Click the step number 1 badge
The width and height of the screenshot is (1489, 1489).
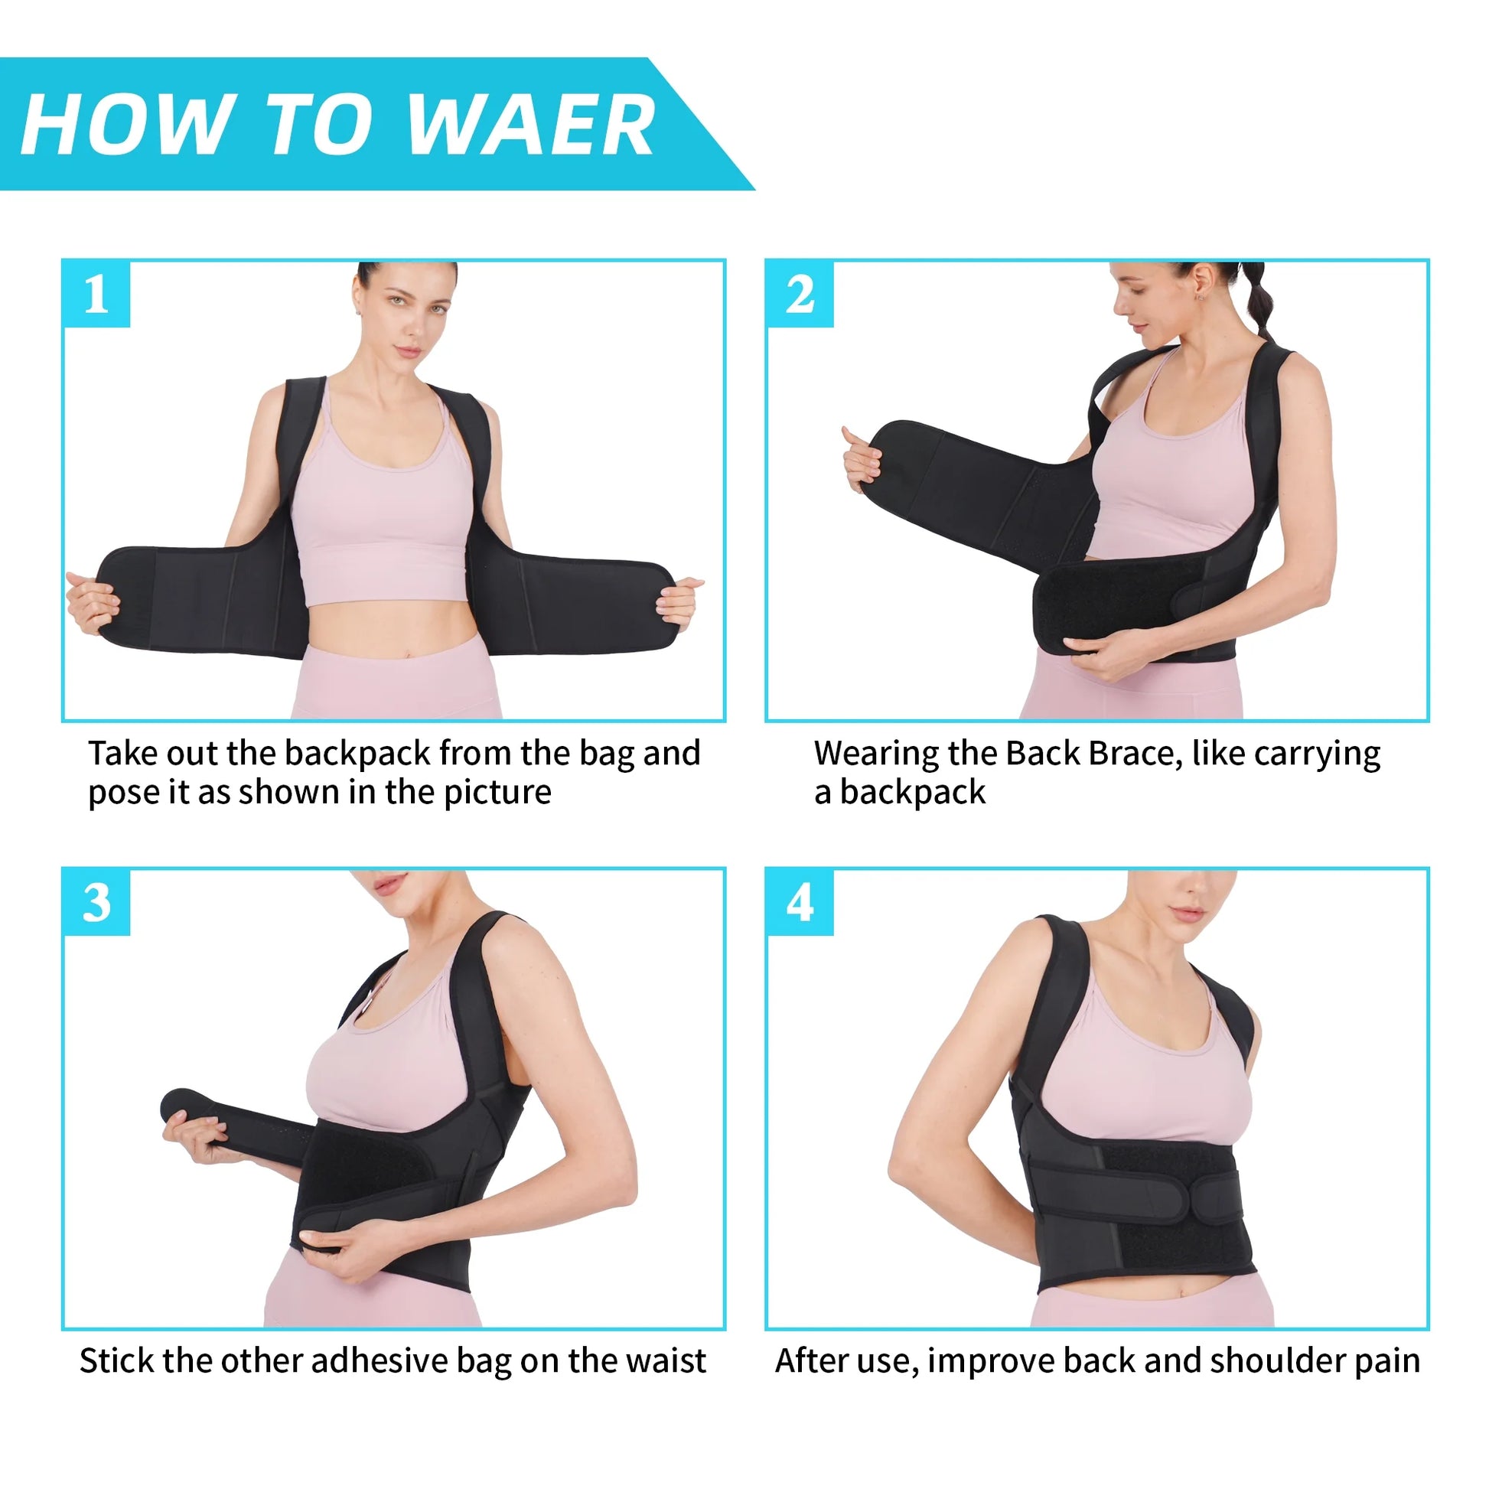(96, 295)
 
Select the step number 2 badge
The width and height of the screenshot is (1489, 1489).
(800, 295)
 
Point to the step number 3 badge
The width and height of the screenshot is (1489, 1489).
(96, 902)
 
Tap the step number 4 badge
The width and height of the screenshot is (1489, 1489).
(800, 902)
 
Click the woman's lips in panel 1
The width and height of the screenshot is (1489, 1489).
(408, 350)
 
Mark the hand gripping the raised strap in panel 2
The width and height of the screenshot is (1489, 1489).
(861, 459)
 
